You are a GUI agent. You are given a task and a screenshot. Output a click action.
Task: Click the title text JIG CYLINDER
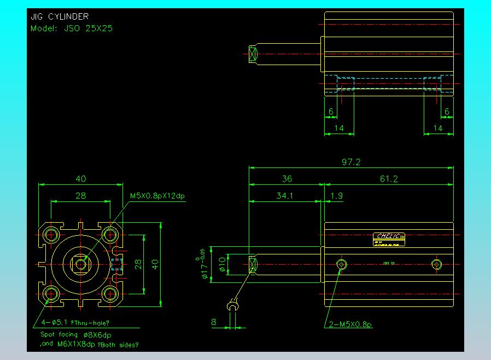[60, 17]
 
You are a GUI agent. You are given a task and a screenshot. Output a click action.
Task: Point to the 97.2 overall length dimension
[350, 162]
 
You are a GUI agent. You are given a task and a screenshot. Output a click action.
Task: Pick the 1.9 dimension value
[337, 195]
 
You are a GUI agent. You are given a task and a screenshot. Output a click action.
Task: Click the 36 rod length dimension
[287, 179]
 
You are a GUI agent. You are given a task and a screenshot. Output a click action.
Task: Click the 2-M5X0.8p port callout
[350, 325]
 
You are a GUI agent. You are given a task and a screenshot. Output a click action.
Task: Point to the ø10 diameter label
[223, 264]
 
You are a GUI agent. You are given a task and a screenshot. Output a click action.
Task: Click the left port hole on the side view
[342, 265]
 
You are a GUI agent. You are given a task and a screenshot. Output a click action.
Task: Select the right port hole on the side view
[436, 265]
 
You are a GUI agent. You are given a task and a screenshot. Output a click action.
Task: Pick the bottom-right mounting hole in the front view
[110, 294]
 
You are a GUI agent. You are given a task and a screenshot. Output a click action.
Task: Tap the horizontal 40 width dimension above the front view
[81, 179]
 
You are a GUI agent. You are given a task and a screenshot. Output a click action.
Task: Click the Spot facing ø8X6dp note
[76, 334]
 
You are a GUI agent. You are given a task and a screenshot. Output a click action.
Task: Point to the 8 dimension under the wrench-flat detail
[214, 322]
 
